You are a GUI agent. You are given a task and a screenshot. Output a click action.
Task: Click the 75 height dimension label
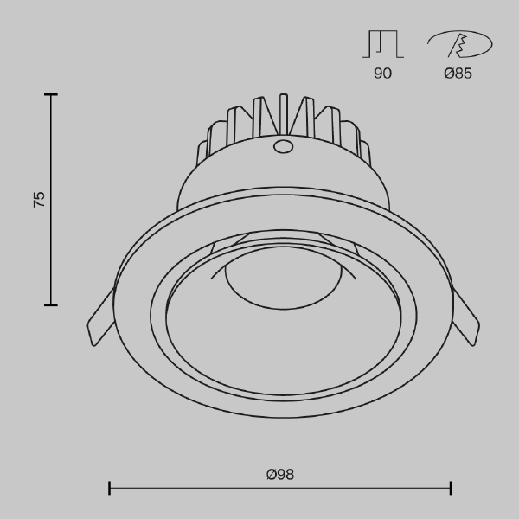point(39,199)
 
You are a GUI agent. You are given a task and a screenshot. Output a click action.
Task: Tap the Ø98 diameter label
point(280,474)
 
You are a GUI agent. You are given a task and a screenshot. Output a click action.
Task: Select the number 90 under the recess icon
point(382,74)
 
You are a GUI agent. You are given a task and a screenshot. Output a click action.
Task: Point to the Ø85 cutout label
point(458,74)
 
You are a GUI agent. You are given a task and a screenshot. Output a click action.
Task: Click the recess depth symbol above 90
point(383,44)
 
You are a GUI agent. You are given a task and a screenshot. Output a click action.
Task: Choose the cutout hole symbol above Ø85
point(460,44)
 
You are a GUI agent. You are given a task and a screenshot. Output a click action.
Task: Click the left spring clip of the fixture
point(100,317)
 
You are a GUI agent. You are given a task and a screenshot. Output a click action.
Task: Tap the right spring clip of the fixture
point(465,317)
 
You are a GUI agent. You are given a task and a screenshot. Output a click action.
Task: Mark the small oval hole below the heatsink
point(283,147)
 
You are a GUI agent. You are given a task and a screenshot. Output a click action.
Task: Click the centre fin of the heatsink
point(284,114)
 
